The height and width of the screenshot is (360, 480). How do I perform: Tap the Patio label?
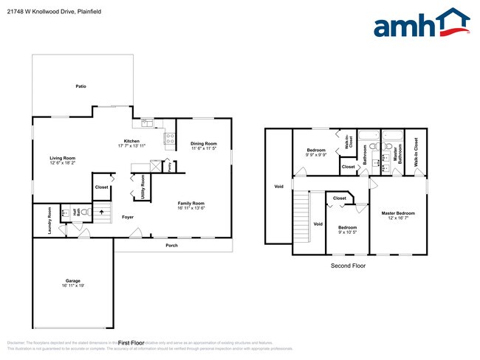tap(81, 86)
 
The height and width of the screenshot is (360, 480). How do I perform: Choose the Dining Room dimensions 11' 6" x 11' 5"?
tap(204, 149)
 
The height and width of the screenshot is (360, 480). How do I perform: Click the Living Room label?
tap(63, 158)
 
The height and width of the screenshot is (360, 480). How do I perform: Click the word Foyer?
tap(128, 217)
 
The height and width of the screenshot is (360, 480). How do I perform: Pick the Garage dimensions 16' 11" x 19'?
tap(72, 286)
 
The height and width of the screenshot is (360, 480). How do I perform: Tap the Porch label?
tap(171, 245)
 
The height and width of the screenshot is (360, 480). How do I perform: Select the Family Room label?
tap(191, 203)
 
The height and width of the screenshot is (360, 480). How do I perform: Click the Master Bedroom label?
tap(397, 213)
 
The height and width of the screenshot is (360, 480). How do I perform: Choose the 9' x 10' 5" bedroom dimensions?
tap(347, 232)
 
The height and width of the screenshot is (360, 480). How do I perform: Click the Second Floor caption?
tap(347, 266)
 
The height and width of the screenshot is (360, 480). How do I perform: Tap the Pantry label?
tap(169, 167)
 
